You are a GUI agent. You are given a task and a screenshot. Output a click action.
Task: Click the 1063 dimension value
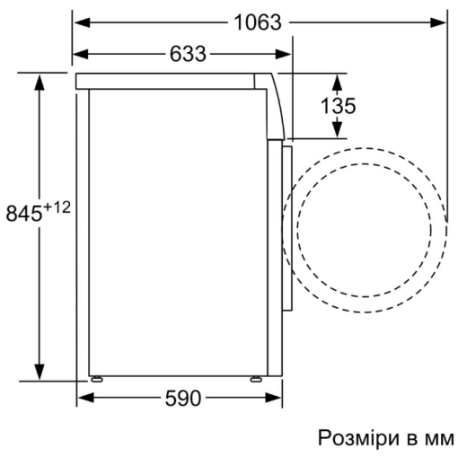259,22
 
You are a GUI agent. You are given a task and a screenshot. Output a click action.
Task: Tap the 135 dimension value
339,105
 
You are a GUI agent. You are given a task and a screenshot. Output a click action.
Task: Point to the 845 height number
24,215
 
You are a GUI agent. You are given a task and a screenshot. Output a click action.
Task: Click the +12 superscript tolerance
56,207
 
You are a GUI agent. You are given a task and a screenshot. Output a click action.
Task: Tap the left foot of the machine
94,378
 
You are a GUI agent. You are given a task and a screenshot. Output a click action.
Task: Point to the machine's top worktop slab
171,80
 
